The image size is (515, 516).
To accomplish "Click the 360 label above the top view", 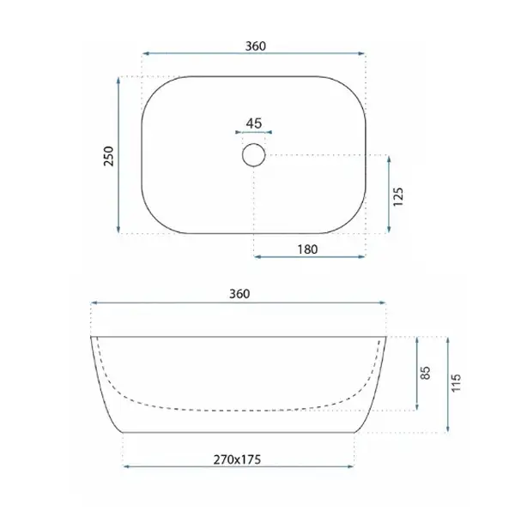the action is (256, 46).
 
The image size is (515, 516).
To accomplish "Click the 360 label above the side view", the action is (239, 294).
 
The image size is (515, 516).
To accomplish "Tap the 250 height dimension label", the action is (108, 156).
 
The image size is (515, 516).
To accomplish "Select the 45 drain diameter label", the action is (254, 123).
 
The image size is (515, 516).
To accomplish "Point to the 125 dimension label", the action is (398, 197).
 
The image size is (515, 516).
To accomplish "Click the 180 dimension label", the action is (308, 249).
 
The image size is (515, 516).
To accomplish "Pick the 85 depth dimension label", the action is (426, 373).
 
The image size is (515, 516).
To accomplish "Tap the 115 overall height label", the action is (456, 383).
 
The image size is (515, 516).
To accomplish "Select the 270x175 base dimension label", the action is (237, 459).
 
